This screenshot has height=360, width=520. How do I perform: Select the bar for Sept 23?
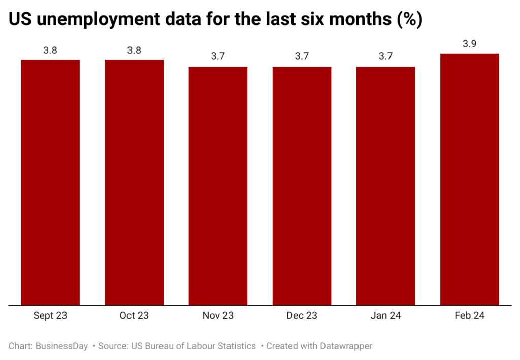tap(50, 183)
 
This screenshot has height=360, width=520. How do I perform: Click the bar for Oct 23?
tap(134, 183)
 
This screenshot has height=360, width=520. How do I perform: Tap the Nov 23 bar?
tap(218, 186)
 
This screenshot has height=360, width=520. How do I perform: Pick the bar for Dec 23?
tap(302, 186)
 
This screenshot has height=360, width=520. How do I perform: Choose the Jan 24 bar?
tap(385, 186)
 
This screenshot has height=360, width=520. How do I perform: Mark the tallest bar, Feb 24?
tap(469, 179)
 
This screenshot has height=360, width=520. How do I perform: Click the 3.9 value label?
tap(469, 44)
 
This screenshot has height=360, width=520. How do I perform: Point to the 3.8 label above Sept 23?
tap(50, 50)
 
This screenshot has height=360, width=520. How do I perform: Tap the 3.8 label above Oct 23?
tap(134, 50)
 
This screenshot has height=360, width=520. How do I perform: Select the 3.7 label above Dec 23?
tap(302, 56)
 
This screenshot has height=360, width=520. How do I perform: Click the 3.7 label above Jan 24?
tap(385, 56)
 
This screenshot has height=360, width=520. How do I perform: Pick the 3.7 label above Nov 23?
tap(218, 56)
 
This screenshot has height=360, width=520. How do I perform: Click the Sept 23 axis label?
tap(50, 315)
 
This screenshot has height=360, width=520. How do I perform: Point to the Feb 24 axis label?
tap(469, 315)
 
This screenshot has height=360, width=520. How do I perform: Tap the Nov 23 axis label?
tap(218, 315)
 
